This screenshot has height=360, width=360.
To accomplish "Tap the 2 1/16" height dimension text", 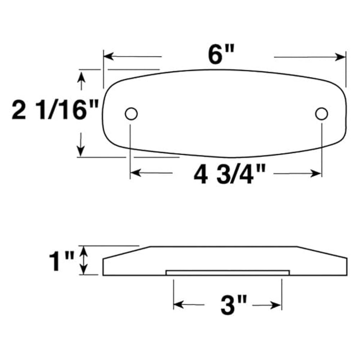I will (x=55, y=110).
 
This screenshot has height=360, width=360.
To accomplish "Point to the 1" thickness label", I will (x=61, y=261).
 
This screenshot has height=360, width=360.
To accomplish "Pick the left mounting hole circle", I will (x=131, y=114).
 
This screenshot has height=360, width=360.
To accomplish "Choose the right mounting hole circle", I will (x=321, y=114).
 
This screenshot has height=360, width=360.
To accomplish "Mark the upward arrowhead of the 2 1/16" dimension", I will (x=82, y=76).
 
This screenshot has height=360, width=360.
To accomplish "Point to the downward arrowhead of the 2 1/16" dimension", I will (x=81, y=151).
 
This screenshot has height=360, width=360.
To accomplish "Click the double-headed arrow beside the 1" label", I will (x=84, y=260).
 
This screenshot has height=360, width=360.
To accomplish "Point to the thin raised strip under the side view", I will (x=228, y=273).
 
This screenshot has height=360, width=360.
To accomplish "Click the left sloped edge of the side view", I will (x=126, y=253).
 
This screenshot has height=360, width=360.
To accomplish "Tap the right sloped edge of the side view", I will (x=322, y=253).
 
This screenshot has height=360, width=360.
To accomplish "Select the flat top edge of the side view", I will (x=223, y=247).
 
